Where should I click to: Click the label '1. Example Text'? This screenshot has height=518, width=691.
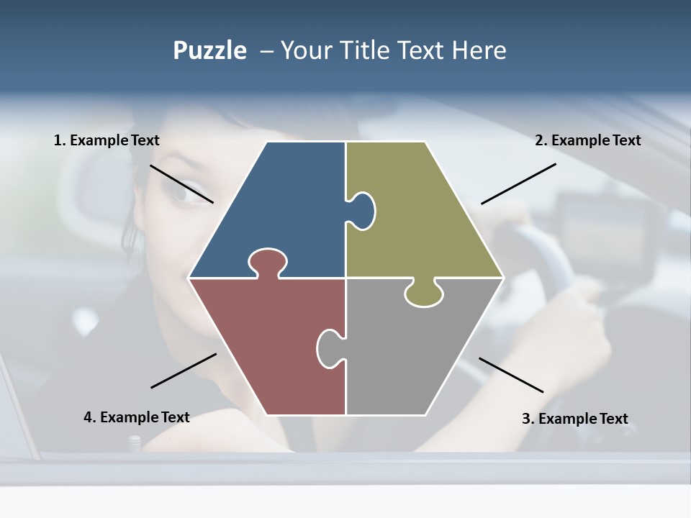[x=107, y=140]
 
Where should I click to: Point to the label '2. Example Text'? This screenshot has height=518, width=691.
[x=587, y=140]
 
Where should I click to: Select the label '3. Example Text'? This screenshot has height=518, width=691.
[x=574, y=419]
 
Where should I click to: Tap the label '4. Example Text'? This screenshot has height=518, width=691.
[x=137, y=417]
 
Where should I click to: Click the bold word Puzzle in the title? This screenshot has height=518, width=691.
[x=209, y=50]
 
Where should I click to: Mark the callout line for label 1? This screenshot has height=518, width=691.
[x=181, y=183]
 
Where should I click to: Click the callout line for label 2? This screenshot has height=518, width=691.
[x=518, y=183]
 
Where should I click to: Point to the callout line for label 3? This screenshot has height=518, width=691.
[x=511, y=375]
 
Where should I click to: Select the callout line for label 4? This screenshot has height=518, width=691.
[x=184, y=371]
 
